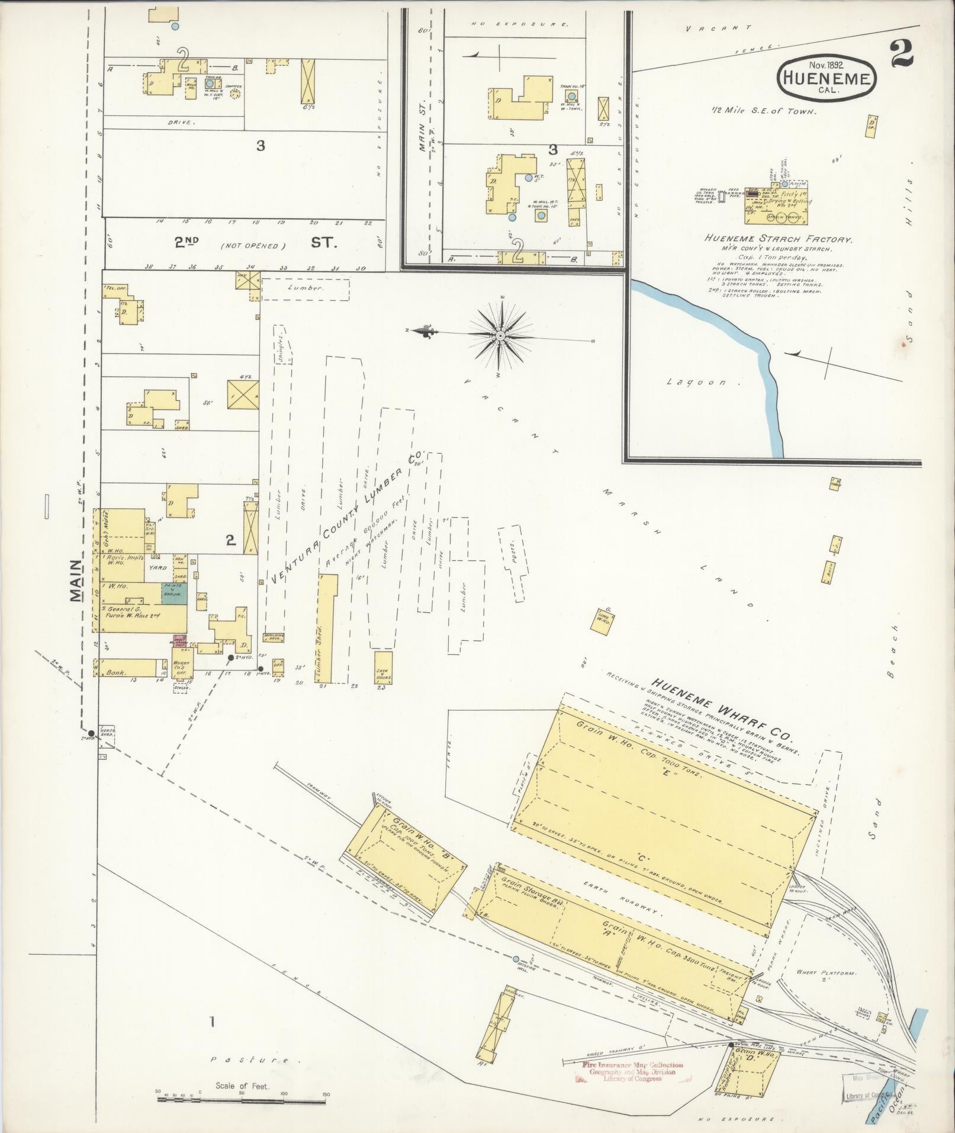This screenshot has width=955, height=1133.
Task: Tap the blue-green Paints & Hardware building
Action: (x=175, y=593)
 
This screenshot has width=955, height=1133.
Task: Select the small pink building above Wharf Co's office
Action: (x=180, y=640)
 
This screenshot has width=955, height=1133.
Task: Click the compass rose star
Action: (x=501, y=336)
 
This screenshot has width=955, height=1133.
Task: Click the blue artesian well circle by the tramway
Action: (x=516, y=959)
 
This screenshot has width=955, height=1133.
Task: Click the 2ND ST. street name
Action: (x=251, y=243)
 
